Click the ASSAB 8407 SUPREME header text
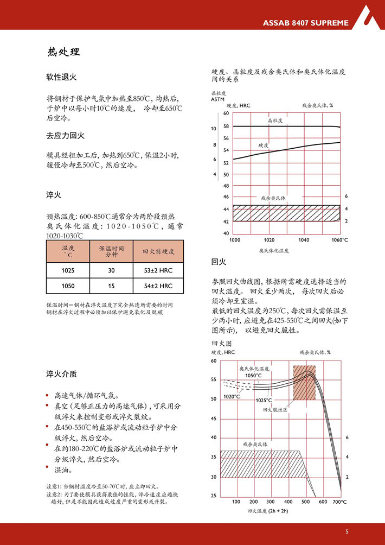point(306,23)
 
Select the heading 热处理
point(63,53)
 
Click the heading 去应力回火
point(66,135)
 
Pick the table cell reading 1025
point(68,270)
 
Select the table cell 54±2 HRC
point(158,286)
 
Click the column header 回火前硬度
point(158,252)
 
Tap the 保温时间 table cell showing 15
point(111,286)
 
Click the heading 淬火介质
point(62,374)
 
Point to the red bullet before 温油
point(48,468)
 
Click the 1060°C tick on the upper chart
point(340,240)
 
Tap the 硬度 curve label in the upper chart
point(264,145)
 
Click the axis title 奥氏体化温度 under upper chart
point(274,250)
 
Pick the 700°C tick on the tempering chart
point(340,502)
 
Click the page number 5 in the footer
point(347,531)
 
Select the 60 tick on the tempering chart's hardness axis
point(213,361)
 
